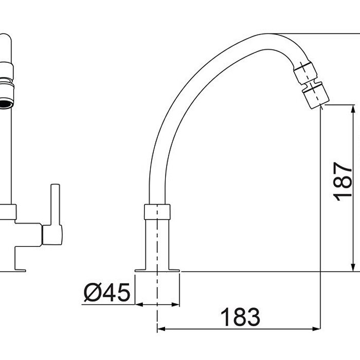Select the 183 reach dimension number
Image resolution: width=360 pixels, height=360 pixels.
tap(239, 318)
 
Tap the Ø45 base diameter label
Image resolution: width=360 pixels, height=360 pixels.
tap(107, 293)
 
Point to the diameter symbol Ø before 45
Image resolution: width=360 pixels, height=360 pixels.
tap(93, 293)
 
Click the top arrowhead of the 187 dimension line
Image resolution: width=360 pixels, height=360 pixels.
tap(353, 109)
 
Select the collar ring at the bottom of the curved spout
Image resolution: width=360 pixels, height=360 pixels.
tap(157, 211)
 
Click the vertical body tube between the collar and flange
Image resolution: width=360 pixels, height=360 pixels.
tap(157, 242)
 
